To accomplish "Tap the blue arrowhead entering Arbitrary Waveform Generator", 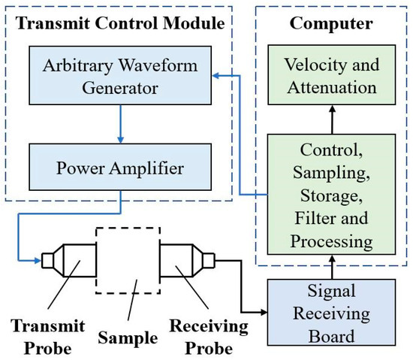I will coord(214,75).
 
